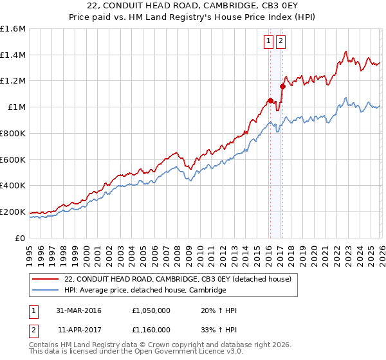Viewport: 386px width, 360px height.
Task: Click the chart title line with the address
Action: coord(193,6)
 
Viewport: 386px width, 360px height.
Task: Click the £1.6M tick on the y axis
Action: coord(13,29)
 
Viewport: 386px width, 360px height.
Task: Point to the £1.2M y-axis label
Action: coord(13,81)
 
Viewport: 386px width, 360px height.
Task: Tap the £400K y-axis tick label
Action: coord(13,186)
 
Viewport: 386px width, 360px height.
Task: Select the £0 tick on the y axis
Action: coord(20,238)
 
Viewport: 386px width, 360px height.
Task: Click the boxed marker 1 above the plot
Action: coord(268,41)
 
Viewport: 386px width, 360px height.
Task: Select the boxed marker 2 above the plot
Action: coord(281,41)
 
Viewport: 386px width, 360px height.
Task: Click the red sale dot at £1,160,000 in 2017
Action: coord(282,85)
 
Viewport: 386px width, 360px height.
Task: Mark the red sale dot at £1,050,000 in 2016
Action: coord(270,100)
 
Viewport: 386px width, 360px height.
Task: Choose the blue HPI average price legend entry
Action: coord(145,291)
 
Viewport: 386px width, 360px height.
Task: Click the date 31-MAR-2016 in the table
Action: coord(78,310)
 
